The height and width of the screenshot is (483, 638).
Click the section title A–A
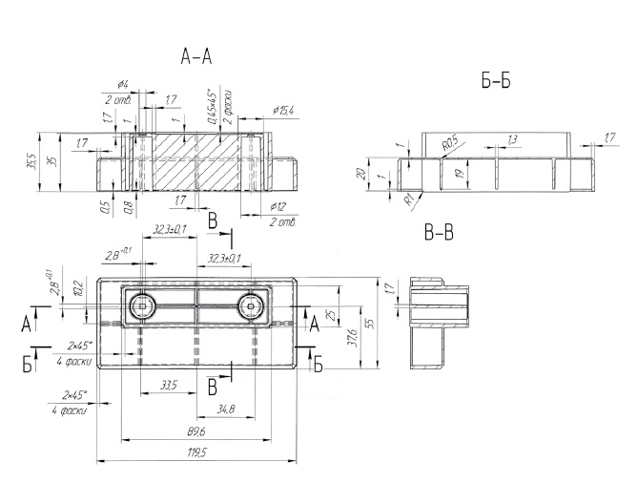pos(196,58)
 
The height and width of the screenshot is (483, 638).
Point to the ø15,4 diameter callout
pos(282,112)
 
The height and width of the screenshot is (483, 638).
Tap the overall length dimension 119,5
pos(199,451)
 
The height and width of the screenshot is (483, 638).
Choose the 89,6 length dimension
pos(198,431)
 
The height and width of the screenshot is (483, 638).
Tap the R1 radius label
pos(407,199)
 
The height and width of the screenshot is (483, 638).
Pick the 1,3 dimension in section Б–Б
pos(512,140)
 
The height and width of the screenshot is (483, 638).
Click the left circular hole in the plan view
pos(143,305)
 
